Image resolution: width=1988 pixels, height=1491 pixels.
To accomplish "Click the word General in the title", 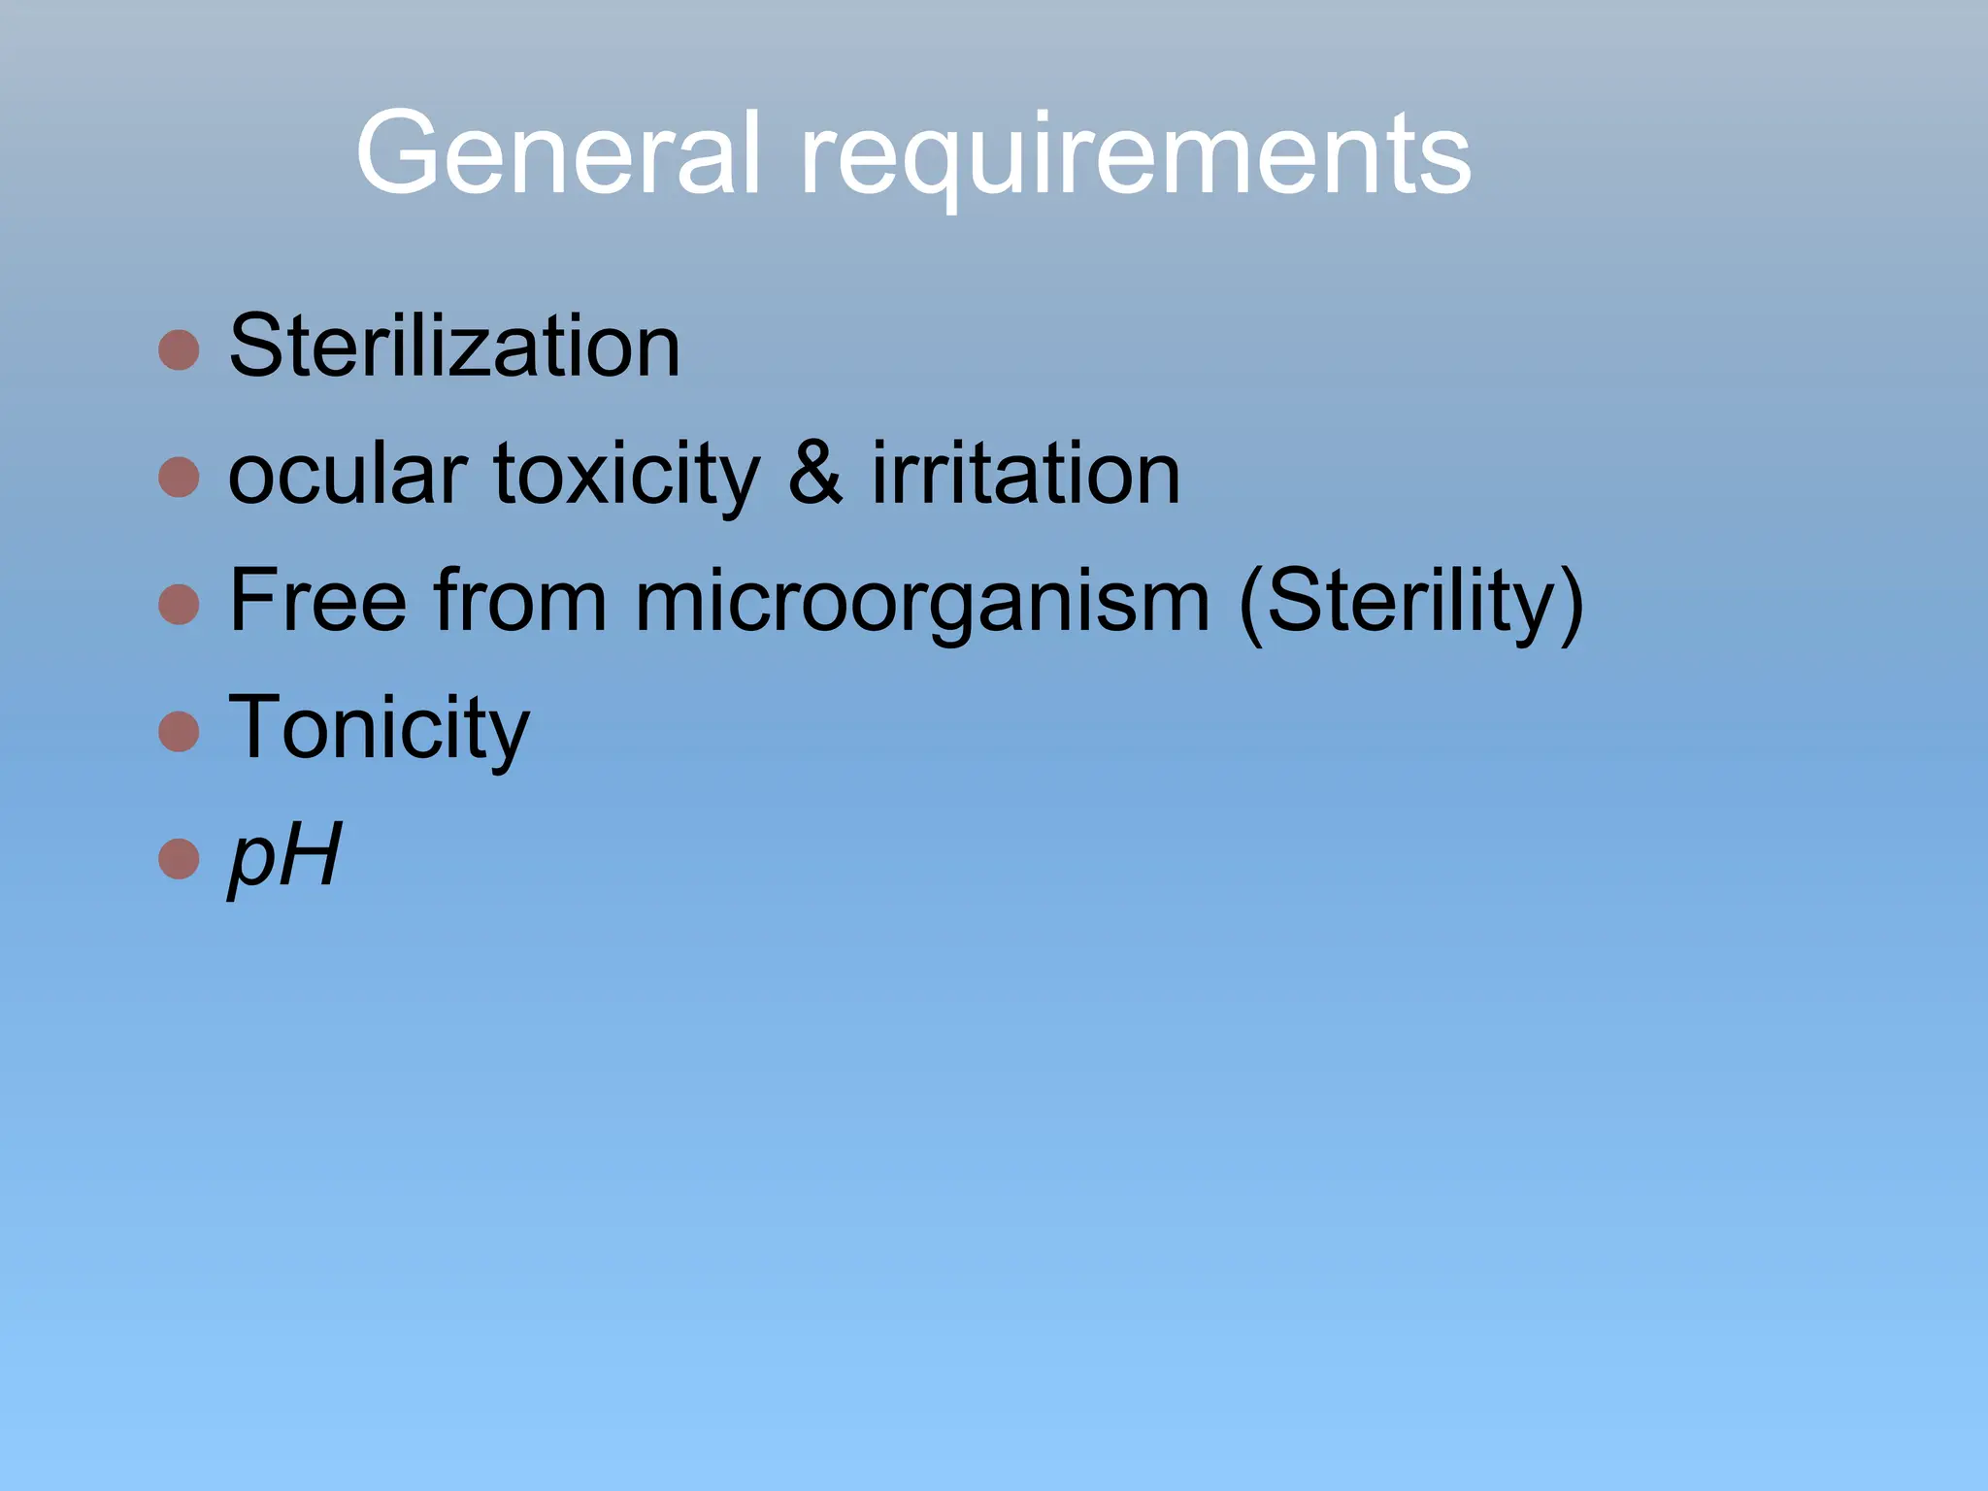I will (x=558, y=153).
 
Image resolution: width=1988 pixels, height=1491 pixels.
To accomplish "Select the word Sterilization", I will (x=454, y=347).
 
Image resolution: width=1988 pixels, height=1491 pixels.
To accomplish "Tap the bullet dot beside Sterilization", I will (x=179, y=349).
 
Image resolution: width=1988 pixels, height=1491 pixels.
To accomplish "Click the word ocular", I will (x=348, y=475).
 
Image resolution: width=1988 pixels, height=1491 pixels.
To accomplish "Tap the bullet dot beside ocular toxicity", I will (x=179, y=477).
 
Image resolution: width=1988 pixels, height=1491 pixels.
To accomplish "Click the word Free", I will (x=317, y=601).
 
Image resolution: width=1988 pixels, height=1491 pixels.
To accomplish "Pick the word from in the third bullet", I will (x=520, y=601).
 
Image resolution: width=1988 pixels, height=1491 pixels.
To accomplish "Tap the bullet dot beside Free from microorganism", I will (x=179, y=604).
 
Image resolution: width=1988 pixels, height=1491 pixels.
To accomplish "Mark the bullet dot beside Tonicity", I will (x=179, y=731).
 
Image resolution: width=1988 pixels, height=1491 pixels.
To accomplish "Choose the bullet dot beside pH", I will (x=179, y=858).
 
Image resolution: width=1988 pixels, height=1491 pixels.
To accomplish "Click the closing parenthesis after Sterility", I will (x=1570, y=604).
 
